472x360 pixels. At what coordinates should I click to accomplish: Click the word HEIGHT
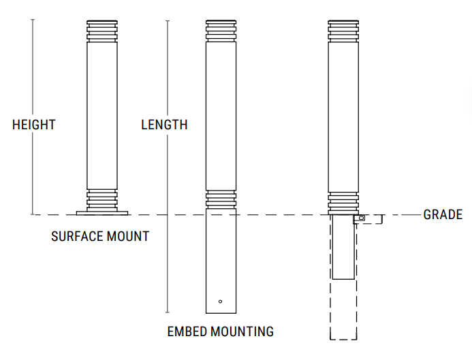pos(33,125)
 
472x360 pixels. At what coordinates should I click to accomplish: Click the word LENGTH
pos(164,125)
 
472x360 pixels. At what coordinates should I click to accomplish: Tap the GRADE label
pos(443,215)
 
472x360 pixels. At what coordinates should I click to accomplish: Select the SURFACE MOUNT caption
pos(100,237)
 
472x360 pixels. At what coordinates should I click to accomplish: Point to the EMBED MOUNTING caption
pos(220,332)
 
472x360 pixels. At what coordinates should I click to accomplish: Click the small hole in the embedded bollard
pos(220,301)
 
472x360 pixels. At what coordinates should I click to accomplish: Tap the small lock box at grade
pos(360,218)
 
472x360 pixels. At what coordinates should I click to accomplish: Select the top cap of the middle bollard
pos(221,31)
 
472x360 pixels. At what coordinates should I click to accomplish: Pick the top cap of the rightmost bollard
pos(343,31)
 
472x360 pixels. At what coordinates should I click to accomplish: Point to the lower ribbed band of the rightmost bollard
pos(343,201)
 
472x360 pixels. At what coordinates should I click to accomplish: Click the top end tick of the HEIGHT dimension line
pos(32,20)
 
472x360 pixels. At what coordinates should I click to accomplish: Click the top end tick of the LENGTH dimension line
pos(168,20)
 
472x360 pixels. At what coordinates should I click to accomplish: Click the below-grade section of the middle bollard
pos(221,259)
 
